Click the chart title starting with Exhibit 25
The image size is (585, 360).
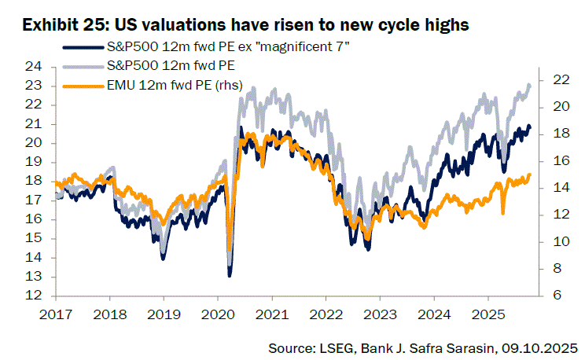point(245,25)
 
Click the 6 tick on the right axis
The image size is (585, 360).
point(554,296)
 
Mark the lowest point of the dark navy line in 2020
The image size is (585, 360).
point(230,276)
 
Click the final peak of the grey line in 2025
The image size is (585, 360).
point(528,85)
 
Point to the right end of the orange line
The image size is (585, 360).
point(530,174)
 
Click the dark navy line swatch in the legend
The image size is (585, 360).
point(80,49)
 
